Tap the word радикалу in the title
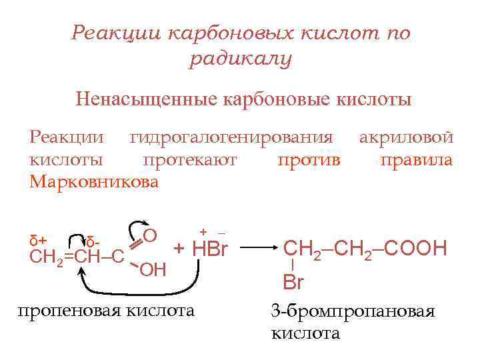(x=241, y=60)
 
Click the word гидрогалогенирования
(x=231, y=138)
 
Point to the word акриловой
(x=406, y=138)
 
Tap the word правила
(x=416, y=160)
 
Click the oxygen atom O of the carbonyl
(x=150, y=235)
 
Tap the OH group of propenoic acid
(x=153, y=269)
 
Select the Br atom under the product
(x=293, y=281)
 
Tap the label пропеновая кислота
(x=107, y=310)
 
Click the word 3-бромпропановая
(x=353, y=312)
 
